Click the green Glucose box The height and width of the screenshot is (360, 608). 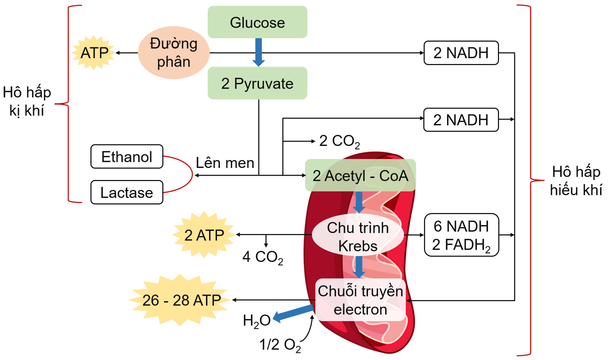click(257, 22)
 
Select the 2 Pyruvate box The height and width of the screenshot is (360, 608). click(257, 83)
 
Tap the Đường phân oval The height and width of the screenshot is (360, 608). click(173, 52)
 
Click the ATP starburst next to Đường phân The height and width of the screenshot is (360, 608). click(94, 52)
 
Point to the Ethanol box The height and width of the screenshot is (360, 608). click(127, 156)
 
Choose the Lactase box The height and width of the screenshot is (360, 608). click(127, 192)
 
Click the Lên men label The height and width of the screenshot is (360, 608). click(225, 163)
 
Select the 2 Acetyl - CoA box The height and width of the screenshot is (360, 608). click(360, 175)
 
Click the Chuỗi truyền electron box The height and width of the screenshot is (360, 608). click(360, 300)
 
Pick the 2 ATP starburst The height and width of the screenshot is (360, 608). click(204, 235)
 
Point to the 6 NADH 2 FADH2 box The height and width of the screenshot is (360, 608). click(461, 235)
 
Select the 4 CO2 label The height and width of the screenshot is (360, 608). click(262, 257)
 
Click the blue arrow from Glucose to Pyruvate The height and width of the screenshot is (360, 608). click(258, 52)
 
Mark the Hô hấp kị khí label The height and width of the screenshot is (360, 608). click(26, 101)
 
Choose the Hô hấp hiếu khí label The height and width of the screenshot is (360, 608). click(576, 181)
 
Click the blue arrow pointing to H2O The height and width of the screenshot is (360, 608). click(293, 313)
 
